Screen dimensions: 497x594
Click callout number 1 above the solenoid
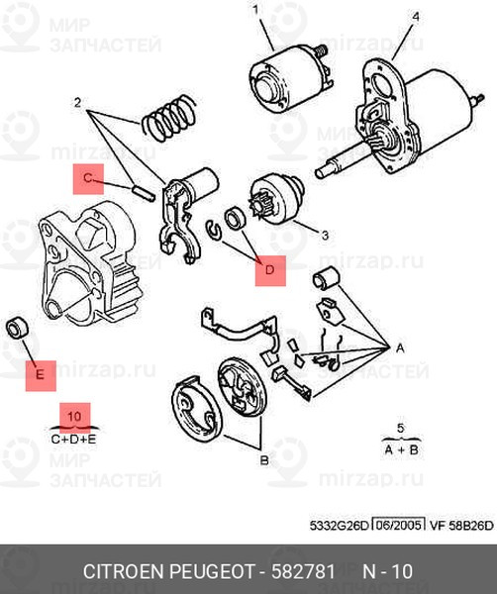pos(255,10)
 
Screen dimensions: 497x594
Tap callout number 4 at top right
pos(416,17)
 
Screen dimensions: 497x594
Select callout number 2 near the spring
pos(77,103)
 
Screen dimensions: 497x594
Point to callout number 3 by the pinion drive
pos(325,236)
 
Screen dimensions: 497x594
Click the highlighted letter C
pos(88,178)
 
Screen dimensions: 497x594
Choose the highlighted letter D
pos(270,270)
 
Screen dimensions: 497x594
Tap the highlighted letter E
pos(41,375)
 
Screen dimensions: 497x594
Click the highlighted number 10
pos(74,417)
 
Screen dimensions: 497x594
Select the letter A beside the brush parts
pos(400,347)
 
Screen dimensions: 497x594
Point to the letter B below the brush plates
pos(264,460)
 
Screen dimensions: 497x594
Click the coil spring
pos(169,118)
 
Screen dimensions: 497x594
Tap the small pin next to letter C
pos(145,192)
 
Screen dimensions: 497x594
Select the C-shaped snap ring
pos(214,231)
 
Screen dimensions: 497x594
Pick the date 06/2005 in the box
pos(398,525)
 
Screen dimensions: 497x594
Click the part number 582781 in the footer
pos(303,571)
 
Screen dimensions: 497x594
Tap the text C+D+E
pos(74,440)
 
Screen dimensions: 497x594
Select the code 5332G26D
pos(339,526)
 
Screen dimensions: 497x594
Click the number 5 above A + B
pos(401,429)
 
